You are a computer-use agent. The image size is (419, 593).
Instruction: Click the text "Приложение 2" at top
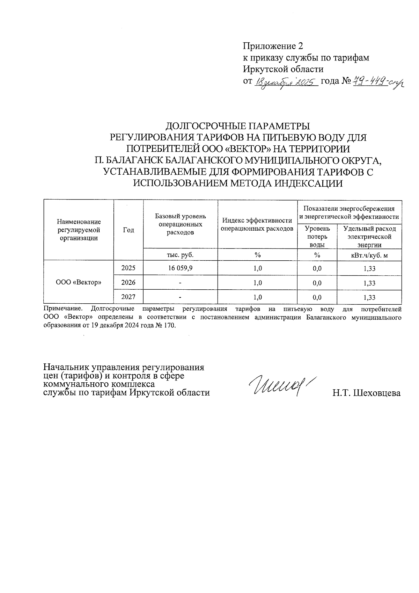(x=273, y=46)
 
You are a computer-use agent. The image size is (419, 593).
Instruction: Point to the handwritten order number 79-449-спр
(x=377, y=82)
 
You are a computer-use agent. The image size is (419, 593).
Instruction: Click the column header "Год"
(x=128, y=230)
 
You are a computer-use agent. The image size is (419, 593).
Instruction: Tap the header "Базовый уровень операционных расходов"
(x=180, y=224)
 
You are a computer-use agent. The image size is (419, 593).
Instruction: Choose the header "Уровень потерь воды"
(x=317, y=237)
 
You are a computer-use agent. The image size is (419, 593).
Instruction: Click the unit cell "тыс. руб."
(x=180, y=255)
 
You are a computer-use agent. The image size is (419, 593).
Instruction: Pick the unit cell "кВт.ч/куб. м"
(x=369, y=255)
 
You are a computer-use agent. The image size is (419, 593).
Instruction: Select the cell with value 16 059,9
(x=180, y=268)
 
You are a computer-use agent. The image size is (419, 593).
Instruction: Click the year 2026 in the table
(x=128, y=282)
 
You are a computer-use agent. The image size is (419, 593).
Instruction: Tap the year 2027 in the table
(x=128, y=297)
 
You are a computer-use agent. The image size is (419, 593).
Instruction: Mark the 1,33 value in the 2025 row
(x=369, y=269)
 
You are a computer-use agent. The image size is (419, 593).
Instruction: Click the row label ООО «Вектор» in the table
(x=79, y=282)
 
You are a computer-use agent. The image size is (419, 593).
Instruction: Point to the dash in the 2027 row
(x=180, y=297)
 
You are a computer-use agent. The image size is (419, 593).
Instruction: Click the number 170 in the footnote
(x=168, y=325)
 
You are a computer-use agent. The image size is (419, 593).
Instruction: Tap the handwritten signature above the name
(x=279, y=385)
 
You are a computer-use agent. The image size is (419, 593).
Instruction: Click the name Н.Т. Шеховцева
(x=366, y=393)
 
